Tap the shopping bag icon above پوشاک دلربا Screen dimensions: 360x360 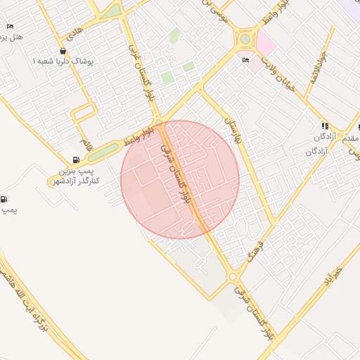64,51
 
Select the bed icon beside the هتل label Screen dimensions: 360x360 10,27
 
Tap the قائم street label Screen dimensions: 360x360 85,146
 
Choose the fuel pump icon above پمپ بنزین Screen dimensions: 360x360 77,160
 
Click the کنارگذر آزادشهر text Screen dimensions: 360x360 75,181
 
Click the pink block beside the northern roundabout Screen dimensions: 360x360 266,44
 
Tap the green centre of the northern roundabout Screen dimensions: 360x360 245,39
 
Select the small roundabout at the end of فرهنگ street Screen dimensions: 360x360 232,277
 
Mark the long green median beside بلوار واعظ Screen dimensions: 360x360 103,150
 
